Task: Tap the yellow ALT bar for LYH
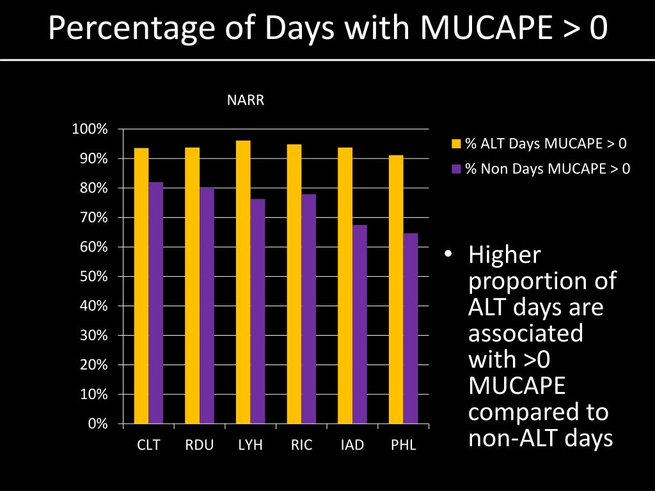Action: (x=243, y=281)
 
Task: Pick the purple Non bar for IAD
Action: (x=359, y=323)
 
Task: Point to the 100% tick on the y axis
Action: (x=90, y=130)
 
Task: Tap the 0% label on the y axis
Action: (x=97, y=424)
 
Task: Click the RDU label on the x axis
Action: (x=199, y=445)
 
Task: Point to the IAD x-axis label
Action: (x=352, y=445)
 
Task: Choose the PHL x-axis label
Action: (x=404, y=445)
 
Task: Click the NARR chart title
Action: (x=246, y=100)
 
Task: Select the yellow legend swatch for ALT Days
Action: (x=456, y=143)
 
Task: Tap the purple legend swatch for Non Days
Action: (x=456, y=169)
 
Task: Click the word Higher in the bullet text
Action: (x=505, y=255)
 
